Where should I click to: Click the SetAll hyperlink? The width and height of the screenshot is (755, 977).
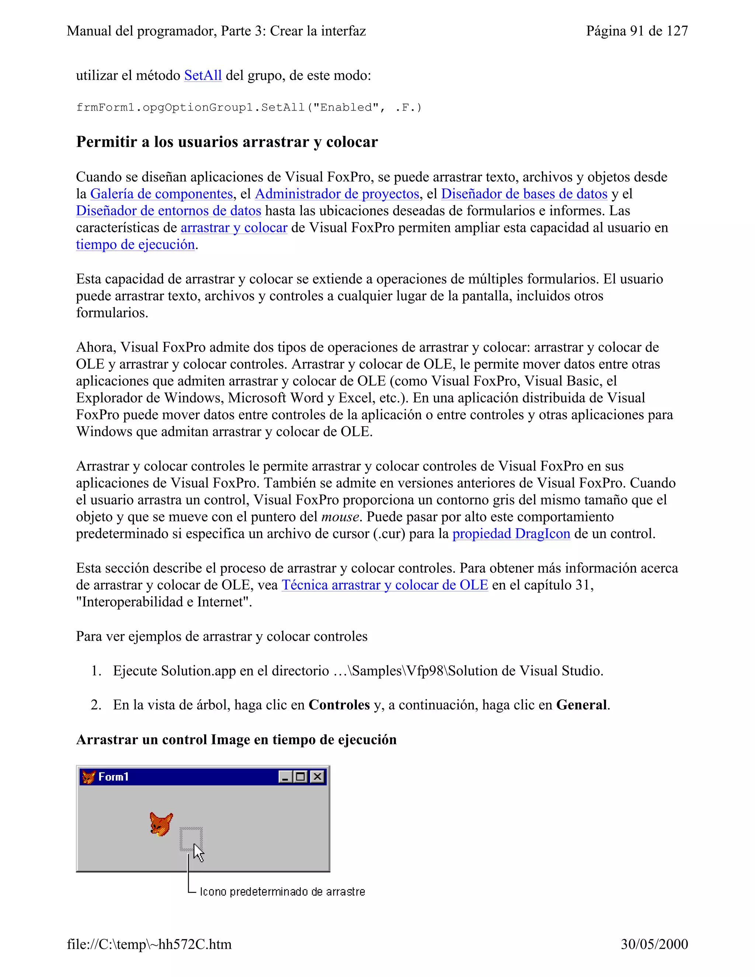203,75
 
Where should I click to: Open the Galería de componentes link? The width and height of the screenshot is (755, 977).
161,194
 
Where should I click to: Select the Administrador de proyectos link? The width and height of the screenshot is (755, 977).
337,194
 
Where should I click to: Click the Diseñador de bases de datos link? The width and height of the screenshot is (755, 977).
524,194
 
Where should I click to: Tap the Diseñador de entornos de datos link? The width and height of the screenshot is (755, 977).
168,211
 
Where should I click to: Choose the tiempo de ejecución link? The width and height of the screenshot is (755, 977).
135,245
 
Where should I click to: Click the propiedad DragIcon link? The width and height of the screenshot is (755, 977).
511,534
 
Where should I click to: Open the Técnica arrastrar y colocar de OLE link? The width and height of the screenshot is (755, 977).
384,585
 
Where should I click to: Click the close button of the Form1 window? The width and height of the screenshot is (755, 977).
317,776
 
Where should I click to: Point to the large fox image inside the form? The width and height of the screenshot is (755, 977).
161,824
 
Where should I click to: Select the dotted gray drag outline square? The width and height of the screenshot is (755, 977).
191,838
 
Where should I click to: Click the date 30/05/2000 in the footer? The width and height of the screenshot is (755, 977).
654,944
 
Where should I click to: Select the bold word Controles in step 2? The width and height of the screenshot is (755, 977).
339,705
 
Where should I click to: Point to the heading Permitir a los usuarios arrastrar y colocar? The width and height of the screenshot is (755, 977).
227,142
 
